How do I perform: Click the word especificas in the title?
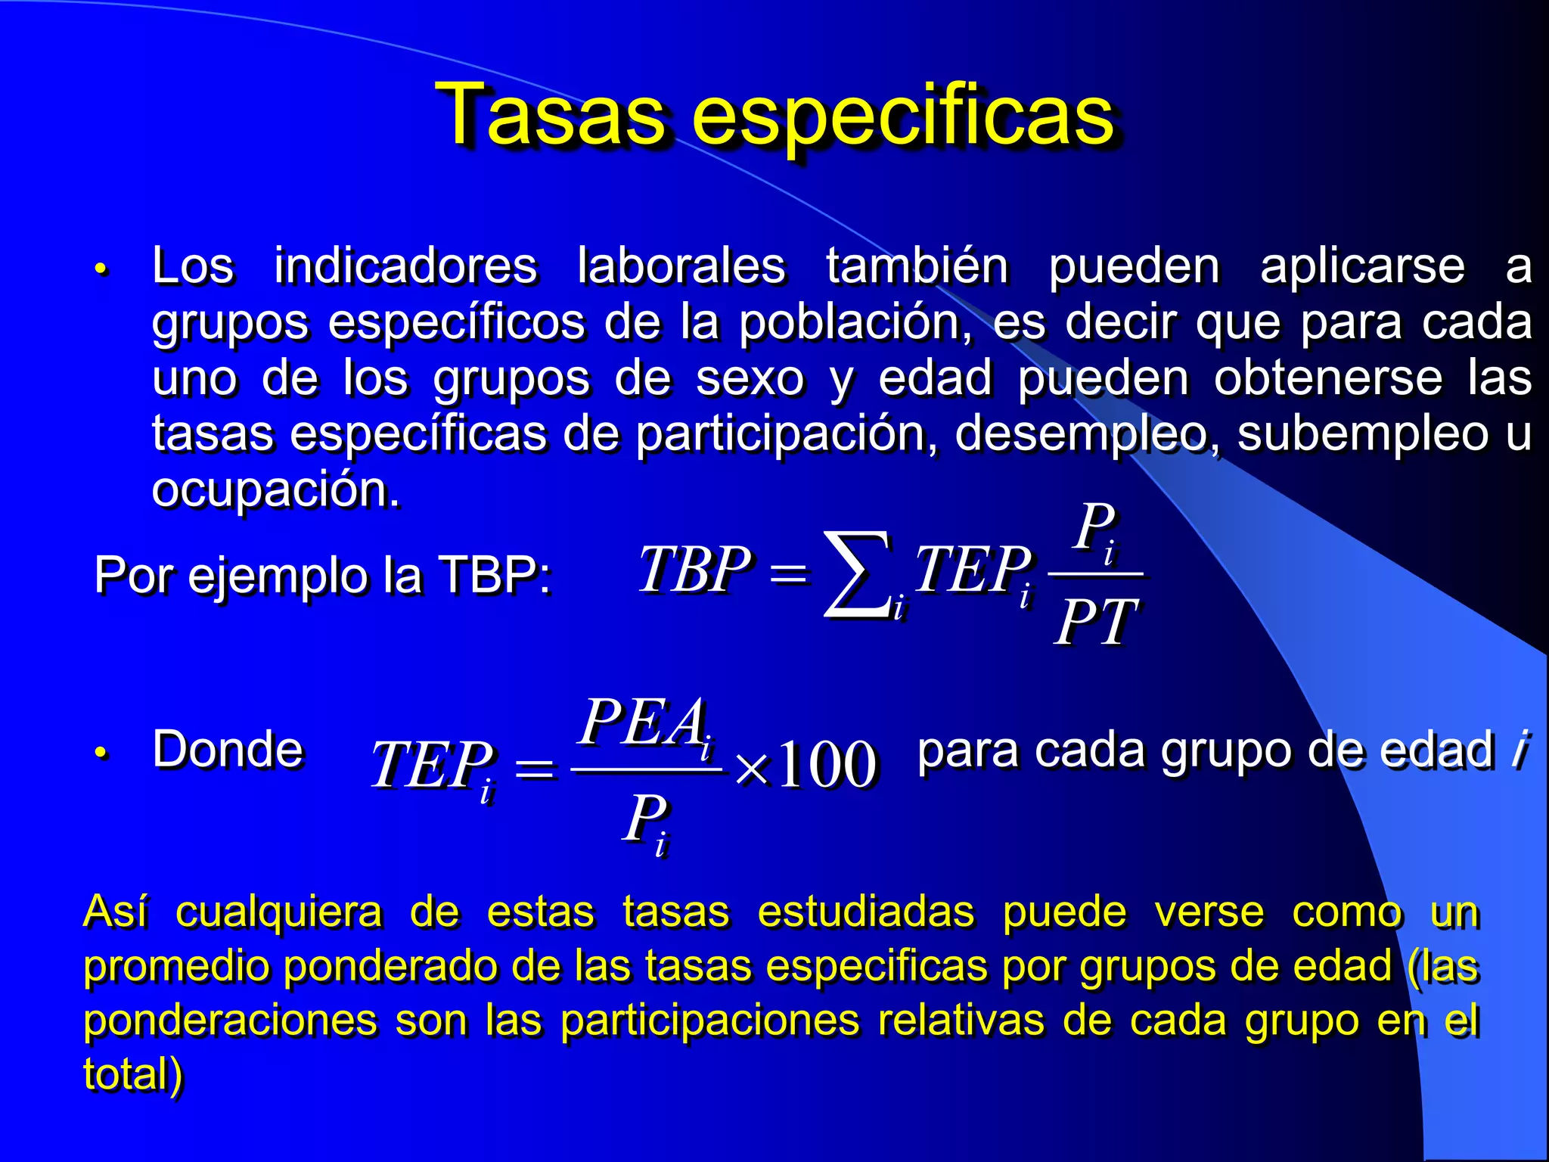903,117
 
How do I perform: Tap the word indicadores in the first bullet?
406,266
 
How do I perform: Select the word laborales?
681,266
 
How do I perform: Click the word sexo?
750,378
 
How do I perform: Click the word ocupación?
275,490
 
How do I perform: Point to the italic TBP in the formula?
694,569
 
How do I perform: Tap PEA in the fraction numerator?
642,722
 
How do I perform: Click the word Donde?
228,750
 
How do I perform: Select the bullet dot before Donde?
101,753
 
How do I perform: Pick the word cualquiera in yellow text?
278,912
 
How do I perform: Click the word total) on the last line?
133,1074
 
